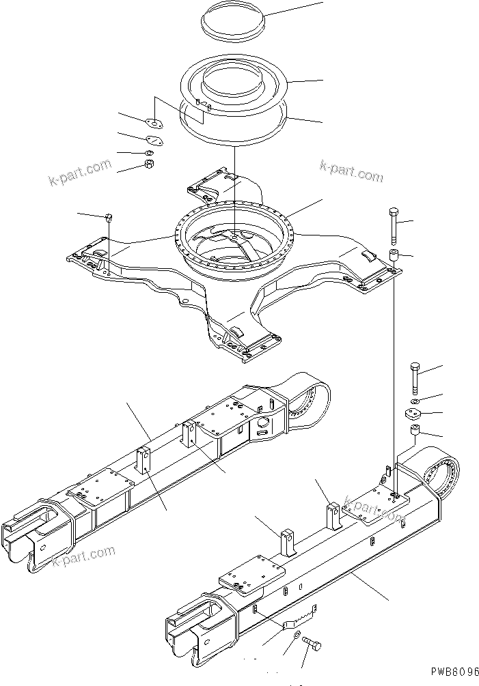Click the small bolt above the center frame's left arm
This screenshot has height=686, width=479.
coord(108,218)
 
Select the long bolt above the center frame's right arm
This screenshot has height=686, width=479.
coord(393,225)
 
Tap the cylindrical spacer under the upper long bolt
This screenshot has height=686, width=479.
coord(394,257)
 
